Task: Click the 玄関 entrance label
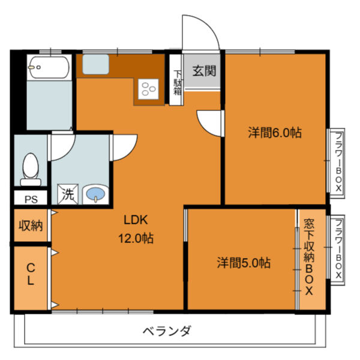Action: coord(204,70)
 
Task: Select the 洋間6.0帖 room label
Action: coord(274,134)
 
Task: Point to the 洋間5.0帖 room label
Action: coord(243,262)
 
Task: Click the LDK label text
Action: coord(136,220)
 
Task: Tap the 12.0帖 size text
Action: coord(136,238)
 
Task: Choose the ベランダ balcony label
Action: coord(167,331)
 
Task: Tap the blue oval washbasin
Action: coord(95,194)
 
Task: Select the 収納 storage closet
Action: coord(31,226)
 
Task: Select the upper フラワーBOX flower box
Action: coord(338,162)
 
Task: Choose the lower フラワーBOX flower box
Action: coord(338,248)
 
